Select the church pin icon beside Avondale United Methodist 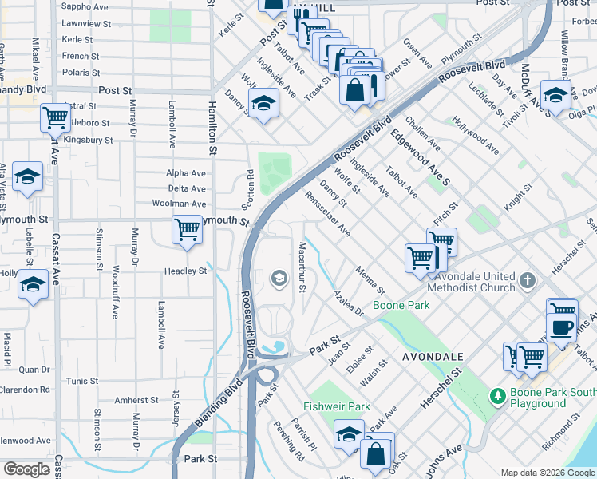527,280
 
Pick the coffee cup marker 561,327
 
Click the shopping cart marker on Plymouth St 187,230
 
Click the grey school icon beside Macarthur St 279,278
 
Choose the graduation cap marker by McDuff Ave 555,94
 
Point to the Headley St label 186,271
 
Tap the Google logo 26,469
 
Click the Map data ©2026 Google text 548,473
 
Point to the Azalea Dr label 349,303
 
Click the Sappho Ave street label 85,6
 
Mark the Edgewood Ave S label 421,156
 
